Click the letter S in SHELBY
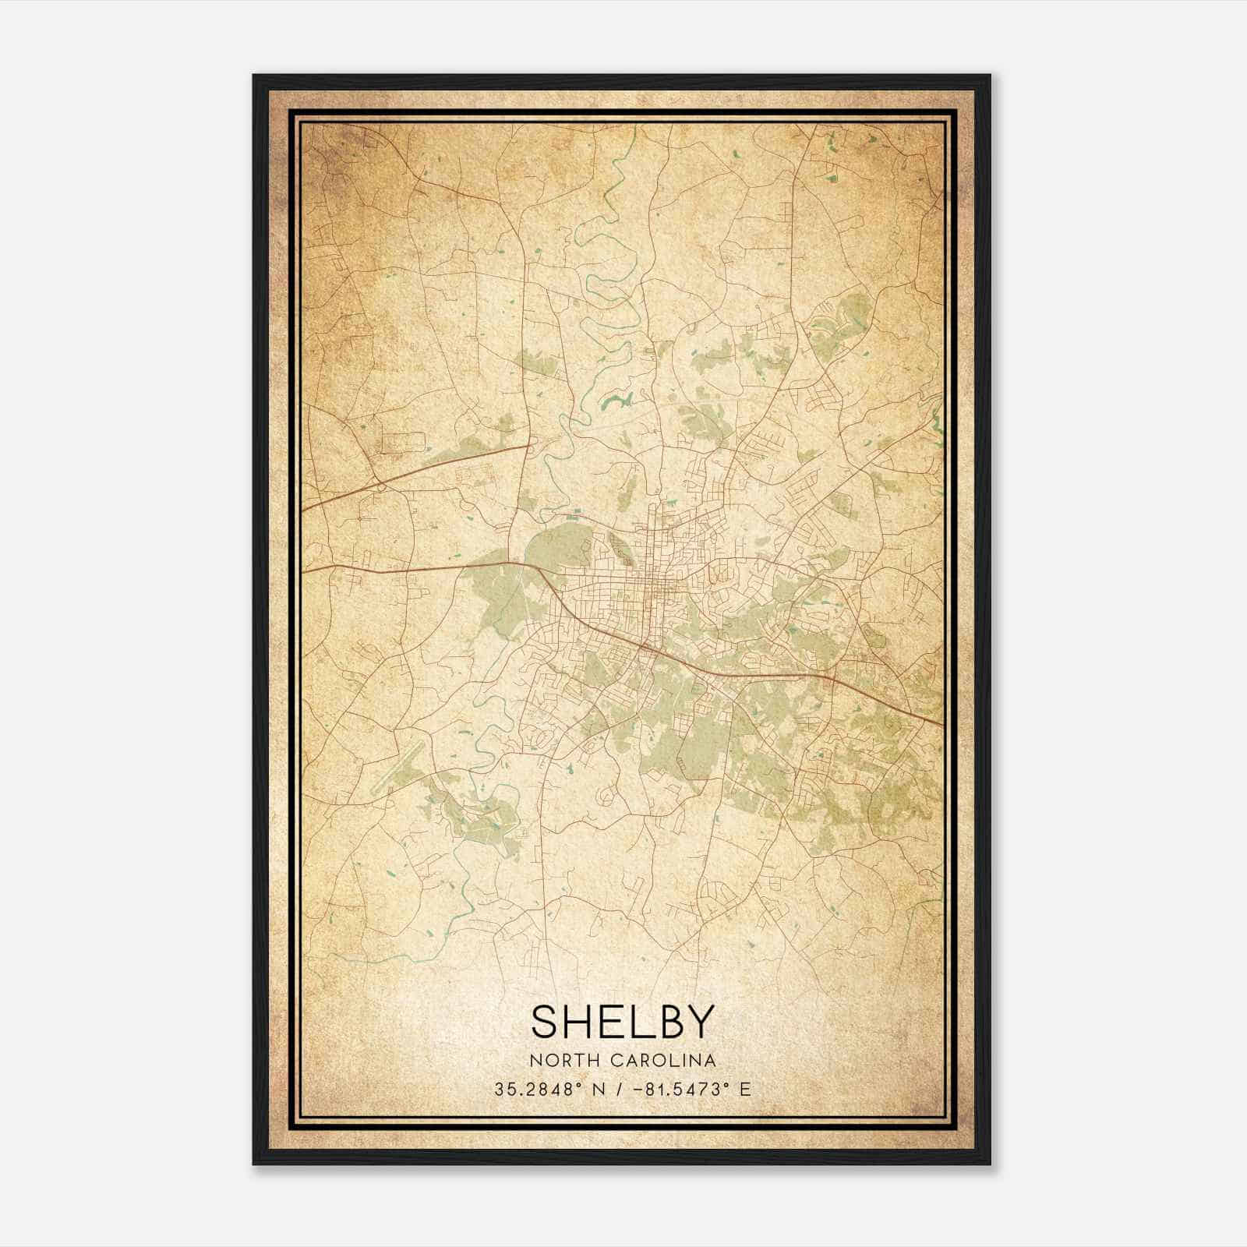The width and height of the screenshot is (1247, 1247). click(x=546, y=1022)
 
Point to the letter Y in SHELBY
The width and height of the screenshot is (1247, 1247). click(x=699, y=1022)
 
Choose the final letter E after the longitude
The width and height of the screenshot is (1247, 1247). click(x=746, y=1089)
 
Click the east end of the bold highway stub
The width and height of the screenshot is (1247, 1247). click(x=530, y=447)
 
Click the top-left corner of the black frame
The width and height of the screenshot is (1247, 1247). click(x=254, y=76)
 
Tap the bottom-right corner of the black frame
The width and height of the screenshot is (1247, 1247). click(x=990, y=1164)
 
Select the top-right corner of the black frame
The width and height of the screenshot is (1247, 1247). click(x=990, y=76)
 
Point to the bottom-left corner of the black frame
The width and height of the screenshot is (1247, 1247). click(x=254, y=1164)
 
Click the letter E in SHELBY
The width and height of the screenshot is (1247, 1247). click(x=612, y=1022)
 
